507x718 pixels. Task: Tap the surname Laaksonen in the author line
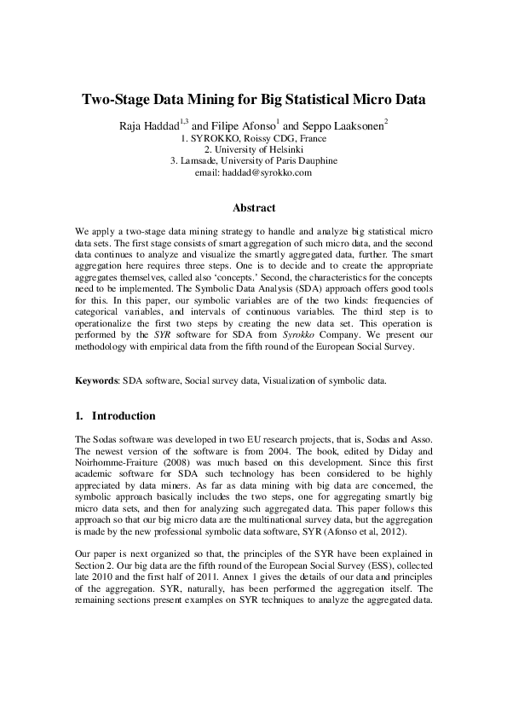coord(355,124)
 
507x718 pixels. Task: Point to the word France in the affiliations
coord(309,137)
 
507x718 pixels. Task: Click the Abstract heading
coord(254,207)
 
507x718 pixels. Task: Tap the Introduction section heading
coord(124,416)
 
